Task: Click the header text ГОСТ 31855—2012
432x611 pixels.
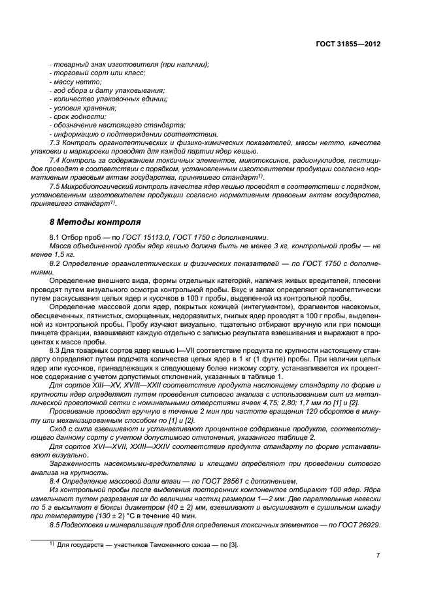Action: (x=350, y=44)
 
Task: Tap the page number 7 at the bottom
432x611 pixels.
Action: (x=378, y=555)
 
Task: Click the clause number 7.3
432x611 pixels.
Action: (x=56, y=142)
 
